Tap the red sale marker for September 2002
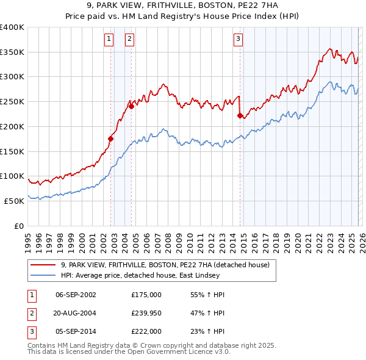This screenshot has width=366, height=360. click(110, 139)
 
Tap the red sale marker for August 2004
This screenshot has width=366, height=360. click(131, 106)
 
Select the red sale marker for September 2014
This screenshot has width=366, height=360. click(240, 115)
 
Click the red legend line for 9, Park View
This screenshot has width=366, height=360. click(43, 265)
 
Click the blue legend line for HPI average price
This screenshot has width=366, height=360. click(43, 275)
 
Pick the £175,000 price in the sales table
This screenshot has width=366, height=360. click(146, 295)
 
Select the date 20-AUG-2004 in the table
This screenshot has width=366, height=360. click(76, 313)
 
